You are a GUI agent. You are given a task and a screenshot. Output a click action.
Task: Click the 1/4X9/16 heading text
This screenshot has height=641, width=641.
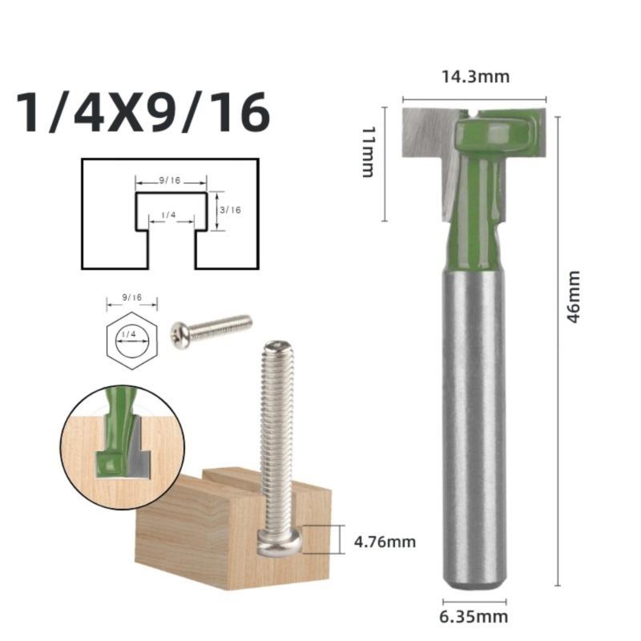[143, 112]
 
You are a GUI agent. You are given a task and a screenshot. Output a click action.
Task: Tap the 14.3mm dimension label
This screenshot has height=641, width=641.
[476, 77]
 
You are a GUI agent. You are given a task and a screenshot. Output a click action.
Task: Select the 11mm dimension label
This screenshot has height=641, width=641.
[369, 151]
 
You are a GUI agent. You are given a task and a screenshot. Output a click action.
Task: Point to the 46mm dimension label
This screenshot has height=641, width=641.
[574, 296]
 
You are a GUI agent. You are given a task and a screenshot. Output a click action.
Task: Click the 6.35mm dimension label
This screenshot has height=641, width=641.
[474, 617]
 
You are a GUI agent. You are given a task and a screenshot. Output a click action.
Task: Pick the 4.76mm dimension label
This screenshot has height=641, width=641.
[385, 542]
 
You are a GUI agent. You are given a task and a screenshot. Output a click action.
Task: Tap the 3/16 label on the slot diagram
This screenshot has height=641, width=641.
[230, 210]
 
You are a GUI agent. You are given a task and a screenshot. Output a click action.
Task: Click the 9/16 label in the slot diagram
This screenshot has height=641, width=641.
[170, 180]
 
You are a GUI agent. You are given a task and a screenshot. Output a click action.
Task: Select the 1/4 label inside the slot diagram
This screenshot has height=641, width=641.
[169, 215]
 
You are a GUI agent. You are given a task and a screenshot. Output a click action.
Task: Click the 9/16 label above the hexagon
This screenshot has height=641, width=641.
[131, 297]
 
